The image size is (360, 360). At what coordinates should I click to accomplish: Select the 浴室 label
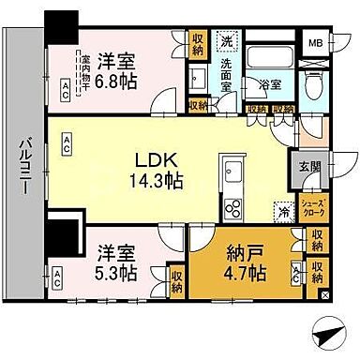[x=269, y=83]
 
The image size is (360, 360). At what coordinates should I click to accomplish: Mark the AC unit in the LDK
[x=68, y=142]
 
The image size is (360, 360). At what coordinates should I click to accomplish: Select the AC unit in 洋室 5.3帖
[x=57, y=277]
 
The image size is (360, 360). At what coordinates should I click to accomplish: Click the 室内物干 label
[x=84, y=70]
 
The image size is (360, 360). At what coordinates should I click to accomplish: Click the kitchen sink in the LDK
[x=232, y=172]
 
